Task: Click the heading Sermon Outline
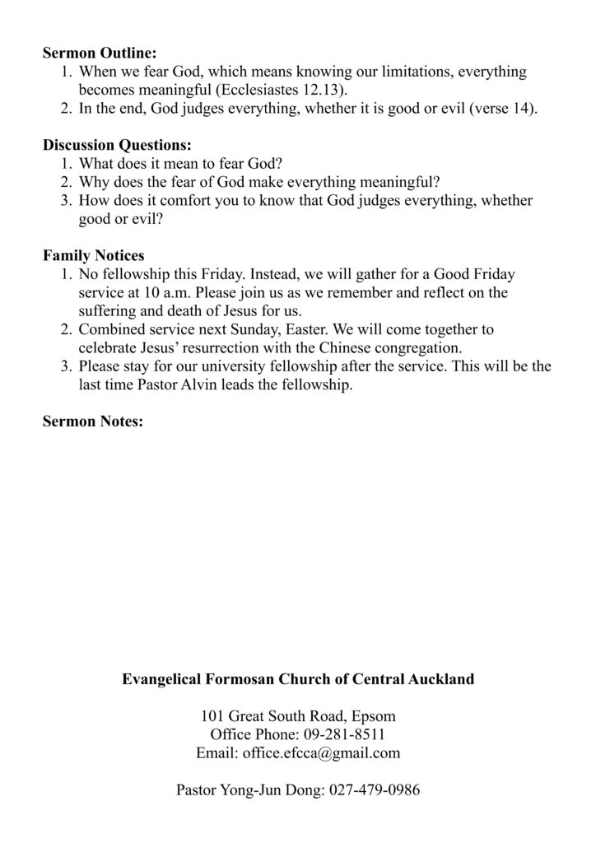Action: [99, 54]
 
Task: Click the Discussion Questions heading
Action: [117, 146]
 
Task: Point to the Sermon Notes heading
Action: [93, 421]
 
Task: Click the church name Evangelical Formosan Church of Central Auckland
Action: [298, 680]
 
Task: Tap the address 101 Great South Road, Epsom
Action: [298, 716]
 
